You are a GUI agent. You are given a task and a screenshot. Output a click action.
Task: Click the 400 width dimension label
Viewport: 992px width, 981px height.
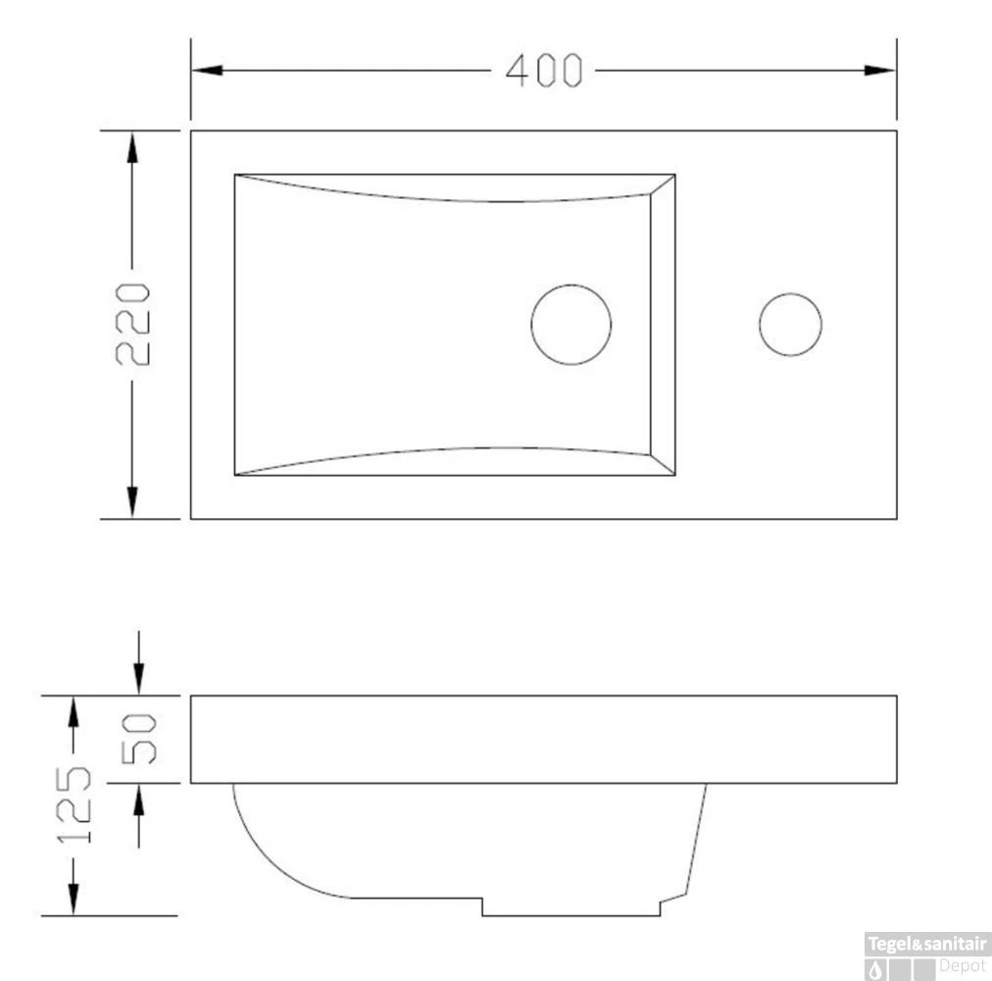tap(544, 71)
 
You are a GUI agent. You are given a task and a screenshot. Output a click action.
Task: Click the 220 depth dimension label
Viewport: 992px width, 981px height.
tap(133, 324)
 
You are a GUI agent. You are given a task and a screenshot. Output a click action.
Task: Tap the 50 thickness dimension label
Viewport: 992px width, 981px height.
tap(138, 739)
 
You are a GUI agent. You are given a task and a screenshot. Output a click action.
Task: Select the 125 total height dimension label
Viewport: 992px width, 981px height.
tap(73, 806)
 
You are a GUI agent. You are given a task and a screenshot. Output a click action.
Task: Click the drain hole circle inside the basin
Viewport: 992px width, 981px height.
tap(570, 325)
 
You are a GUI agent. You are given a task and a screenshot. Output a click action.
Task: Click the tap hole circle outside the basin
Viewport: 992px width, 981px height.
tap(790, 325)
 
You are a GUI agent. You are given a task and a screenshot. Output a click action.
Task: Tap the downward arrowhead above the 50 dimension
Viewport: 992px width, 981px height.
tap(138, 679)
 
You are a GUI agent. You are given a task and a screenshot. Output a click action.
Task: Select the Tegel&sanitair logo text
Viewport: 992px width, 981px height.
tap(926, 944)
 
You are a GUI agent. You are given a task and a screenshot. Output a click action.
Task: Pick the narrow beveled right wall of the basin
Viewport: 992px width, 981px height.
tap(663, 325)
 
